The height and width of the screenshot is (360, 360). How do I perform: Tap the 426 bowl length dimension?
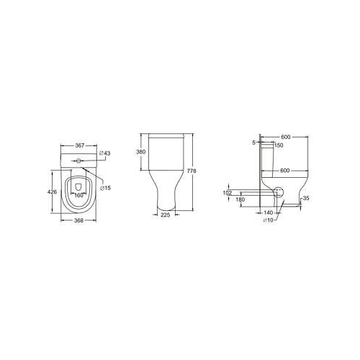(52, 192)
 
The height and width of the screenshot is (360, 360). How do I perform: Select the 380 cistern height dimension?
(141, 152)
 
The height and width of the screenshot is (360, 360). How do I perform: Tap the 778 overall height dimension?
(192, 171)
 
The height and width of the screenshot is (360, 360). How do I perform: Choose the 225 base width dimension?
(166, 214)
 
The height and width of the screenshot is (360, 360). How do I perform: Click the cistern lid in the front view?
(166, 137)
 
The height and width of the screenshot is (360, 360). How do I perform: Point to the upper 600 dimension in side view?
(287, 137)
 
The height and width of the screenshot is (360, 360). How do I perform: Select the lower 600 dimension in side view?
(287, 170)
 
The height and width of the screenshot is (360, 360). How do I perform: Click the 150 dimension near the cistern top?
(278, 145)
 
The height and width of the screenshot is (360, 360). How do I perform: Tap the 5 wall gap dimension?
(254, 143)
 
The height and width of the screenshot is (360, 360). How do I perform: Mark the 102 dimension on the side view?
(228, 192)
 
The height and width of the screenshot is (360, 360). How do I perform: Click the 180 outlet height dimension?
(240, 199)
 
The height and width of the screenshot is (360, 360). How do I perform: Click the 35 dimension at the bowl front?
(306, 198)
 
